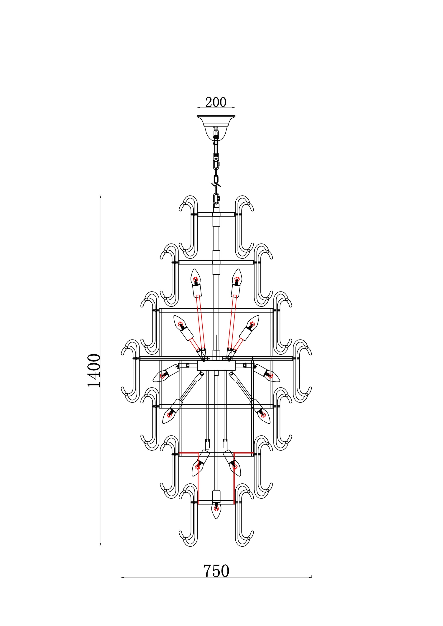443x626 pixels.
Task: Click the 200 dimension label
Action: (x=216, y=102)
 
